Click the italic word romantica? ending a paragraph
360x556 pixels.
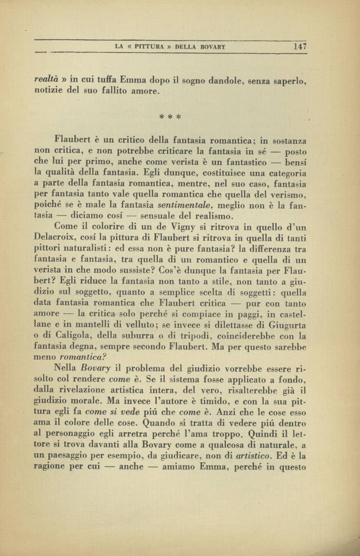point(86,358)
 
